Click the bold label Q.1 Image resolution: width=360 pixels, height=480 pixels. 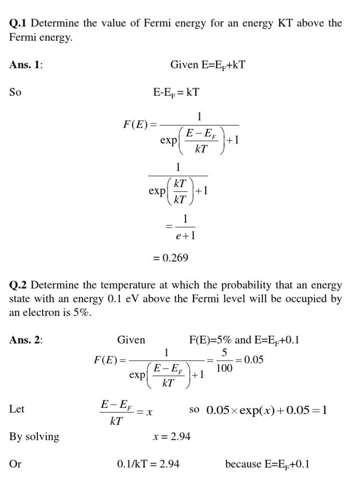(x=18, y=23)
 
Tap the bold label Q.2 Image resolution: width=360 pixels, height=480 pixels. (x=18, y=285)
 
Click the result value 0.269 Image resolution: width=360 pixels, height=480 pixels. (x=171, y=257)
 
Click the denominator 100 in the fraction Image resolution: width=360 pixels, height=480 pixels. (x=224, y=368)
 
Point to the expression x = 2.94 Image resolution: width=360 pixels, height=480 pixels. (x=172, y=437)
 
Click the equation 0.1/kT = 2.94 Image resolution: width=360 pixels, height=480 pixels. (x=148, y=464)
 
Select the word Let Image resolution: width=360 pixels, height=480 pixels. (x=17, y=409)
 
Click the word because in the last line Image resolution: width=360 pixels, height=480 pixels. (x=243, y=464)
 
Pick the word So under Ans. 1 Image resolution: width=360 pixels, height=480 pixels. (x=15, y=92)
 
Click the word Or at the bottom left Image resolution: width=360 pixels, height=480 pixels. (x=15, y=464)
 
